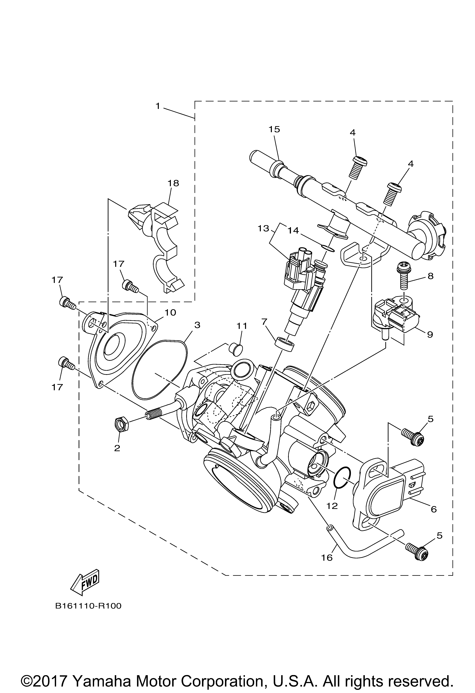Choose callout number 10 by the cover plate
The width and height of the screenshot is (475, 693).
tap(171, 313)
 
